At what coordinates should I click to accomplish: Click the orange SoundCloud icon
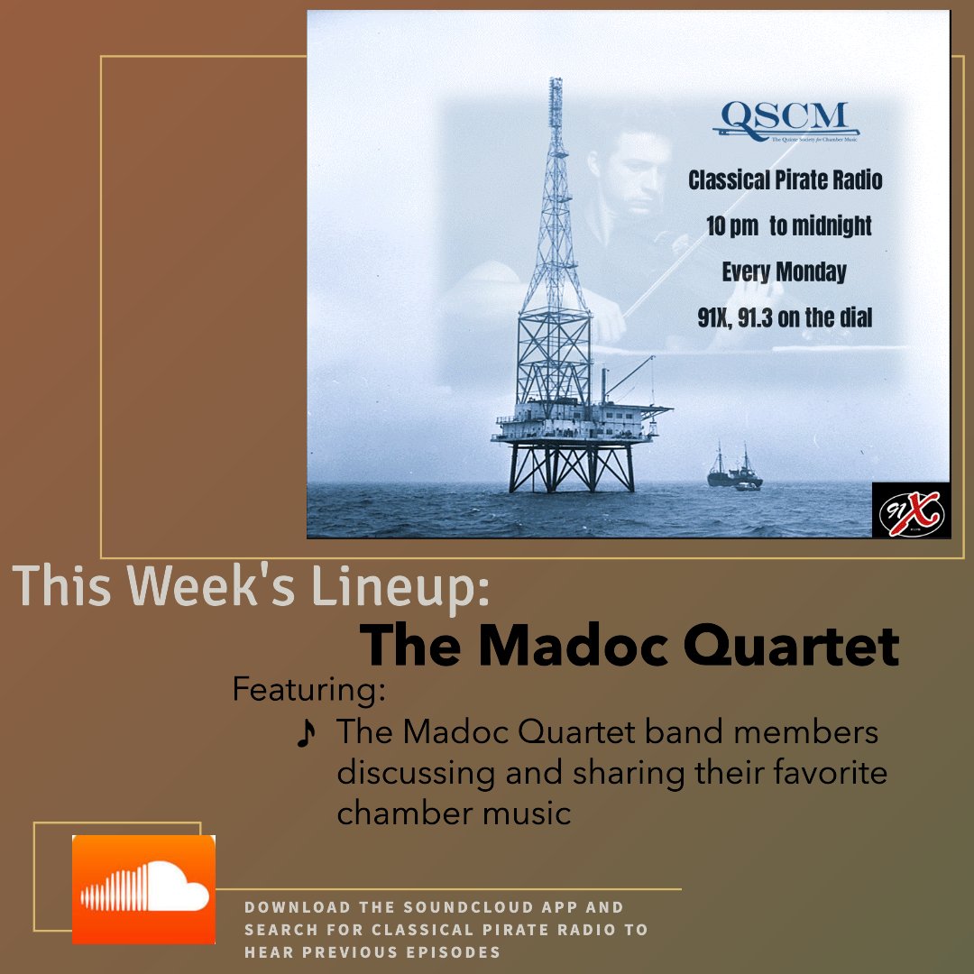click(143, 889)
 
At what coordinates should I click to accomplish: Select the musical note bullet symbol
click(307, 734)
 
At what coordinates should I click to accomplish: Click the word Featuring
click(308, 689)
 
